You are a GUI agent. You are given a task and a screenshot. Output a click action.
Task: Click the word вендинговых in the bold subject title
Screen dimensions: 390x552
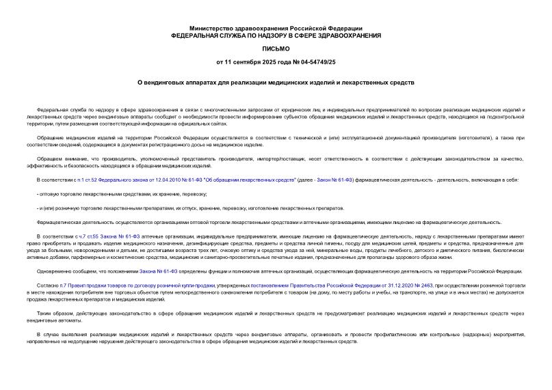tap(172, 83)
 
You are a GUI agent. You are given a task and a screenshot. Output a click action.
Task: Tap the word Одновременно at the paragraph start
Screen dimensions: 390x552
tap(53, 271)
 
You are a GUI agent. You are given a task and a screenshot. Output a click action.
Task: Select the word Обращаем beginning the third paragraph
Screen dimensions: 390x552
tap(49, 159)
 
